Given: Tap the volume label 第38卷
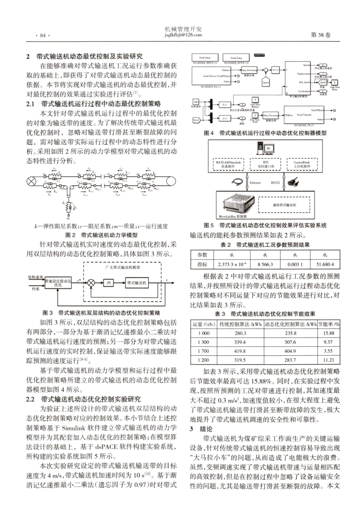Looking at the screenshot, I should pyautogui.click(x=320, y=35).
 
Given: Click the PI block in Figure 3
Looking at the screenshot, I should pyautogui.click(x=109, y=283).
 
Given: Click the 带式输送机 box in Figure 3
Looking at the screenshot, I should pyautogui.click(x=136, y=283).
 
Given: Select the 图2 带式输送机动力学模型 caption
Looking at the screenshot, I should pyautogui.click(x=102, y=235).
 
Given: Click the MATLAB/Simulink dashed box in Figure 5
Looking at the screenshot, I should pyautogui.click(x=228, y=164).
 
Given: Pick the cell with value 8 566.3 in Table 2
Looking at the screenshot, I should pyautogui.click(x=265, y=264).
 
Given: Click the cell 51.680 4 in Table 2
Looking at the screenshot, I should pyautogui.click(x=325, y=264).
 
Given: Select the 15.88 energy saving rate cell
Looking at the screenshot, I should pyautogui.click(x=329, y=333).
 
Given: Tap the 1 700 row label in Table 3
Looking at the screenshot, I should pyautogui.click(x=203, y=351).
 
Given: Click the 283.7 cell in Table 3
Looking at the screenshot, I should pyautogui.click(x=290, y=360).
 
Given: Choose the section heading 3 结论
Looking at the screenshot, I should pyautogui.click(x=201, y=429).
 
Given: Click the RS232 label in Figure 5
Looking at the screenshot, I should pyautogui.click(x=275, y=183).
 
